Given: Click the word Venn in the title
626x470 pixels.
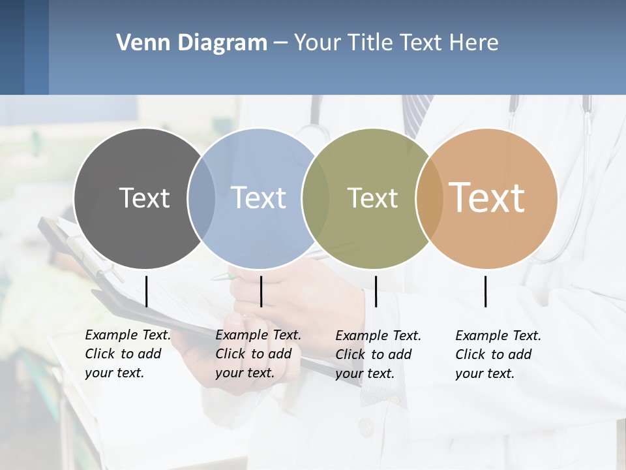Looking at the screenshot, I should [x=138, y=43].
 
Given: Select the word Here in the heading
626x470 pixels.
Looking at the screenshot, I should [x=474, y=43].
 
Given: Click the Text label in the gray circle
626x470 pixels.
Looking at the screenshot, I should [x=144, y=198].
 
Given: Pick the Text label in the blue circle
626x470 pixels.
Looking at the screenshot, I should [x=258, y=198].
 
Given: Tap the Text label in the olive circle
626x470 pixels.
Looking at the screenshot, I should [x=372, y=198].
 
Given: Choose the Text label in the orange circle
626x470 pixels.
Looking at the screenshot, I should [x=486, y=197].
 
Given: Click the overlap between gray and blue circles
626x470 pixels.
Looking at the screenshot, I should [x=201, y=198].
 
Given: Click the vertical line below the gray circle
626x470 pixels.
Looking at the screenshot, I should [x=146, y=291].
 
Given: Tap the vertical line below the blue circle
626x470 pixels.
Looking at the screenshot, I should [x=261, y=291].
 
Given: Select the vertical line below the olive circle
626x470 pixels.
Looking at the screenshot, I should [x=376, y=291].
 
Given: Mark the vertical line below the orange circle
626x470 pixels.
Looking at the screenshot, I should [x=486, y=291].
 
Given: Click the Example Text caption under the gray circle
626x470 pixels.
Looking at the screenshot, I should [x=127, y=354].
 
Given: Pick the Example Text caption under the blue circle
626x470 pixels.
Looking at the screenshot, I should [x=258, y=354].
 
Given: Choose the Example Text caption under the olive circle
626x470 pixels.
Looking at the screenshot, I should [x=378, y=354].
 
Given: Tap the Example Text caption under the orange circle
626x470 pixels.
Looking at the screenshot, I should [x=498, y=354].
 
